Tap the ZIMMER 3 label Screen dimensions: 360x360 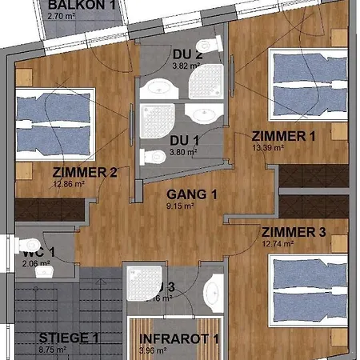[294, 233]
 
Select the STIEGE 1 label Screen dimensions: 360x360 [68, 338]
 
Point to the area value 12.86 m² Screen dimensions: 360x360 [70, 183]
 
